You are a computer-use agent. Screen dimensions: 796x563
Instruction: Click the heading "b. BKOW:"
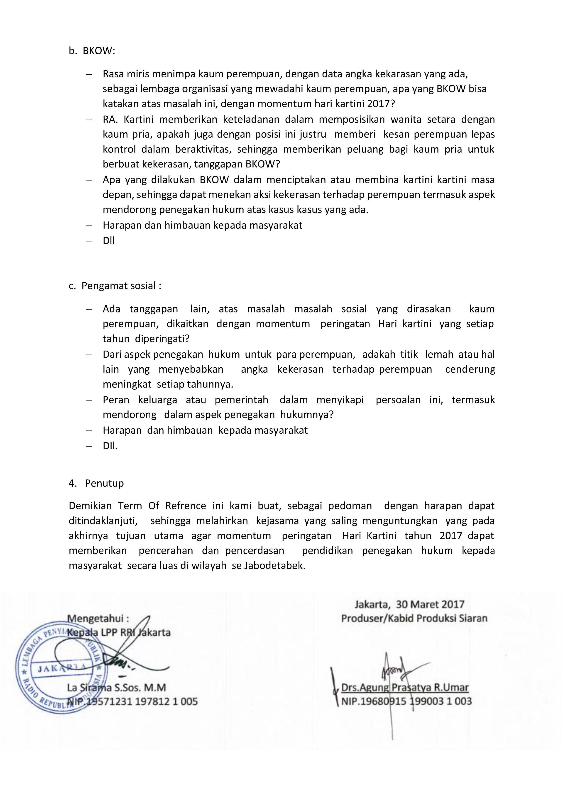(91, 51)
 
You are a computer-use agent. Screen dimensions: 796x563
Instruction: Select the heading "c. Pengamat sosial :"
(115, 286)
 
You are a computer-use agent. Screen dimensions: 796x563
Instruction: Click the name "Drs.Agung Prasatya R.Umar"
(405, 688)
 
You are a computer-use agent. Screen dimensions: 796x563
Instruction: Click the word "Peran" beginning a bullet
(116, 400)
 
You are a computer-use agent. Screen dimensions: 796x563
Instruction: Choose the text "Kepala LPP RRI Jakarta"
(119, 632)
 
